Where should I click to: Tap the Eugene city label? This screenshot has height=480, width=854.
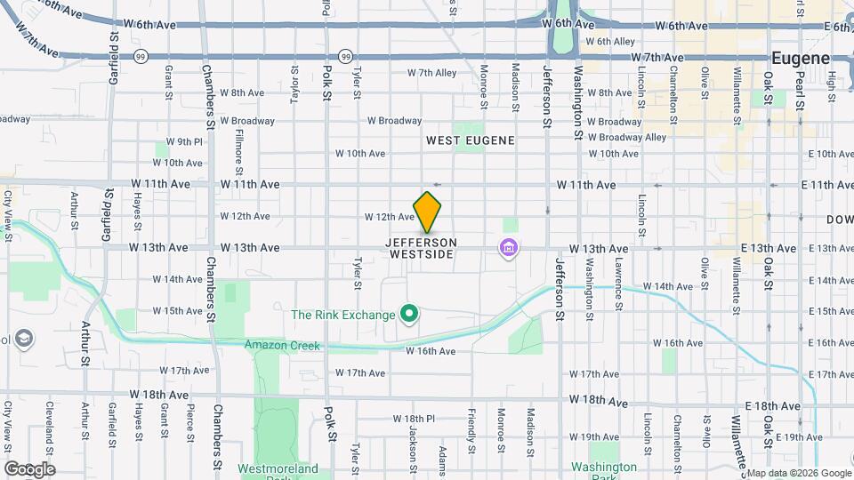click(x=800, y=58)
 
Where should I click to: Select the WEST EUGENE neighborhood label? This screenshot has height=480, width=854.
click(x=470, y=140)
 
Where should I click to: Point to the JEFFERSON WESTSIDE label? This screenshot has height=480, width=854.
click(x=422, y=248)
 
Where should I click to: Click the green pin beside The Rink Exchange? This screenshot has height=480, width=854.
click(x=409, y=314)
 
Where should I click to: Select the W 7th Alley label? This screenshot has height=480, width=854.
click(x=431, y=73)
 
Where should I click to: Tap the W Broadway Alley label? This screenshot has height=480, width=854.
click(x=620, y=138)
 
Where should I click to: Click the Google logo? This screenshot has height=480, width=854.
click(x=29, y=468)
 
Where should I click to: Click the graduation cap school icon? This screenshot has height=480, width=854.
click(x=25, y=339)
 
